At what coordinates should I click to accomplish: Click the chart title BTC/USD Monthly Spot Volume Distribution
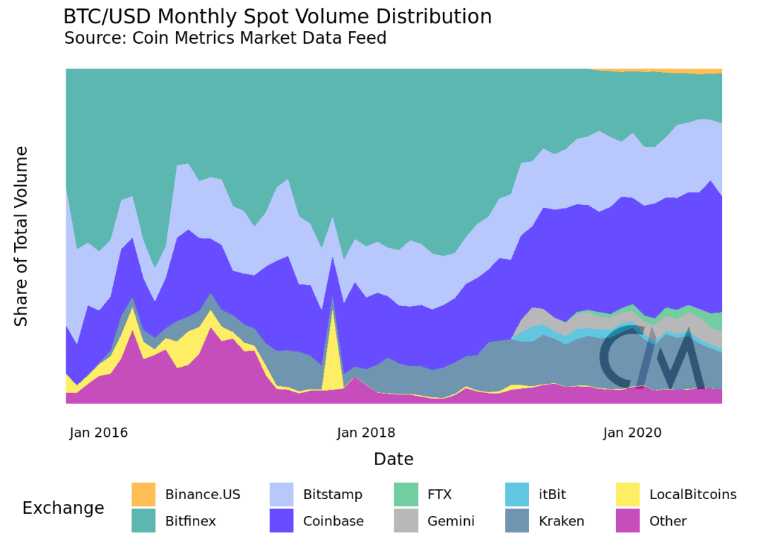277,17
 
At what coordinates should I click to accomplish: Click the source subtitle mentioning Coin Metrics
225,38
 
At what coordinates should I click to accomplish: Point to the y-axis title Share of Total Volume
22,236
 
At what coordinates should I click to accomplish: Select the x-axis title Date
394,459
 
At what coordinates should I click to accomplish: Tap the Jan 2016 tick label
99,433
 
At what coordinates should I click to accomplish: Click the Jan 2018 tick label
366,433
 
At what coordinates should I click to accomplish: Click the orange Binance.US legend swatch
143,494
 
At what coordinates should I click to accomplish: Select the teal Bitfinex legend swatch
143,521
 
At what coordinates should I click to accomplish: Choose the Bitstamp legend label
333,494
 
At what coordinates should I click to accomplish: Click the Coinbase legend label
333,521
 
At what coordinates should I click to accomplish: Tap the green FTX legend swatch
406,494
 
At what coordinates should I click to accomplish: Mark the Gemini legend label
451,521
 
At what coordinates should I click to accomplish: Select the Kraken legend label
562,521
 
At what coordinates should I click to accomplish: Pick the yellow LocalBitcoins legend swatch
627,494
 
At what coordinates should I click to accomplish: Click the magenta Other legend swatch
627,521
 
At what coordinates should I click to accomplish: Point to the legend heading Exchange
63,508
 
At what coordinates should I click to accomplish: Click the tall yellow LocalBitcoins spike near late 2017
332,353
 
